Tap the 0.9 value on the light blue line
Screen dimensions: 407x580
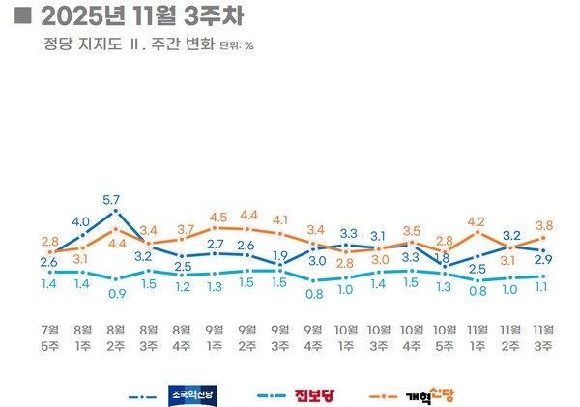(x=115, y=293)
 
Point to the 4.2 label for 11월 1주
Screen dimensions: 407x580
(x=477, y=221)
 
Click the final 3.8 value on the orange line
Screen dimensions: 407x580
(x=544, y=225)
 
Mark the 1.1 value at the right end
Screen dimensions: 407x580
(x=544, y=287)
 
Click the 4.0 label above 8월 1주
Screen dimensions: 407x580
(x=81, y=221)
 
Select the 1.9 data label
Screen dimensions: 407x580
(x=281, y=256)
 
